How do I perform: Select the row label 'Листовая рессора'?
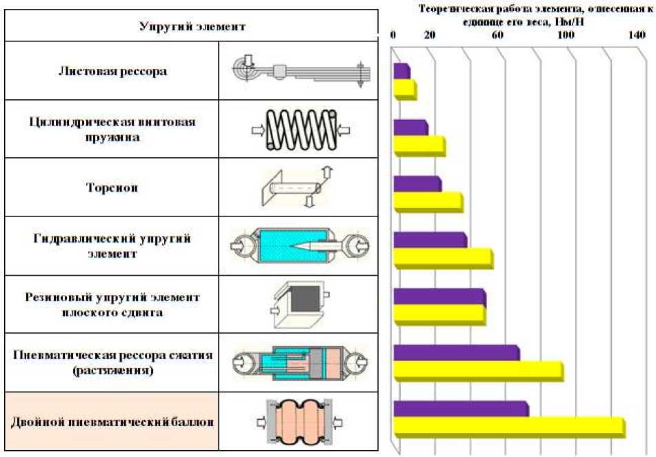click(x=112, y=71)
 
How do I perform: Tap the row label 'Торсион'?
click(x=112, y=187)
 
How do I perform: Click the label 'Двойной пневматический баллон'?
click(x=112, y=421)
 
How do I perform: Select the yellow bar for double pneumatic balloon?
click(x=508, y=427)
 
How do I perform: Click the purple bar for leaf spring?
click(x=401, y=71)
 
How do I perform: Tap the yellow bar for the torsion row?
click(x=428, y=201)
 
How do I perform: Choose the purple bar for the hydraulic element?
click(x=429, y=239)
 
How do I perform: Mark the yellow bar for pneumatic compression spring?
click(x=477, y=371)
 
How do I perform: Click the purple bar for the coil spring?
click(x=410, y=128)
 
